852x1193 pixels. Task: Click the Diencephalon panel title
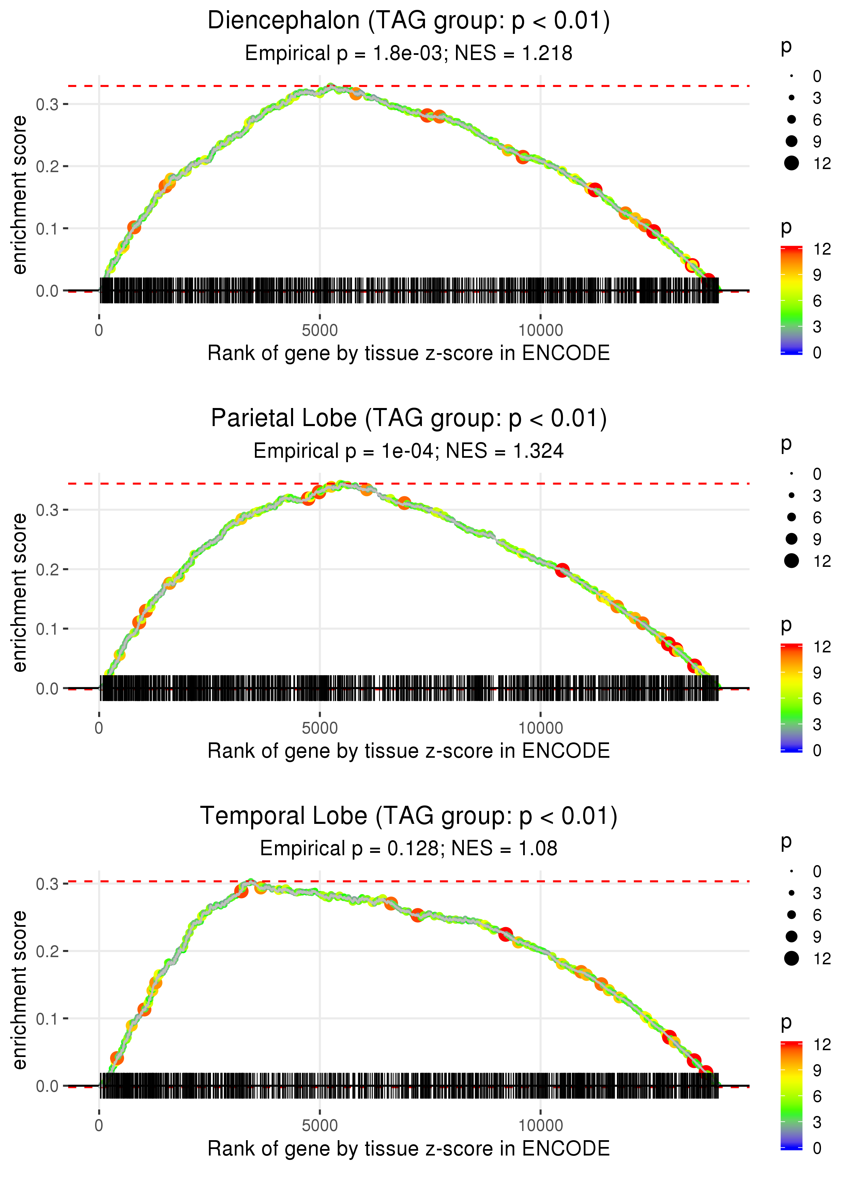click(409, 21)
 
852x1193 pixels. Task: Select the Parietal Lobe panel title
click(409, 419)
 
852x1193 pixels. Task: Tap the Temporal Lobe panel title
click(409, 816)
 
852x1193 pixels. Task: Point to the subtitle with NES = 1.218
click(409, 54)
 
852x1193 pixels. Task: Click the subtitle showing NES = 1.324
click(409, 451)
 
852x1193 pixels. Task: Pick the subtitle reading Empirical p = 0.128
click(409, 849)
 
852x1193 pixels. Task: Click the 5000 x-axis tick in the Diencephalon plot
click(320, 331)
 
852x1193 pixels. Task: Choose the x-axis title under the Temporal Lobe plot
click(409, 1149)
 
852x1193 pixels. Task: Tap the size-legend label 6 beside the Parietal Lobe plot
click(817, 518)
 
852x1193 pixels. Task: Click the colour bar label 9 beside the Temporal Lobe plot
click(817, 1070)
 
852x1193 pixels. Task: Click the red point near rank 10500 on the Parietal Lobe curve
click(562, 570)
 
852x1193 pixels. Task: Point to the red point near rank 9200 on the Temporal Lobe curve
click(505, 934)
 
